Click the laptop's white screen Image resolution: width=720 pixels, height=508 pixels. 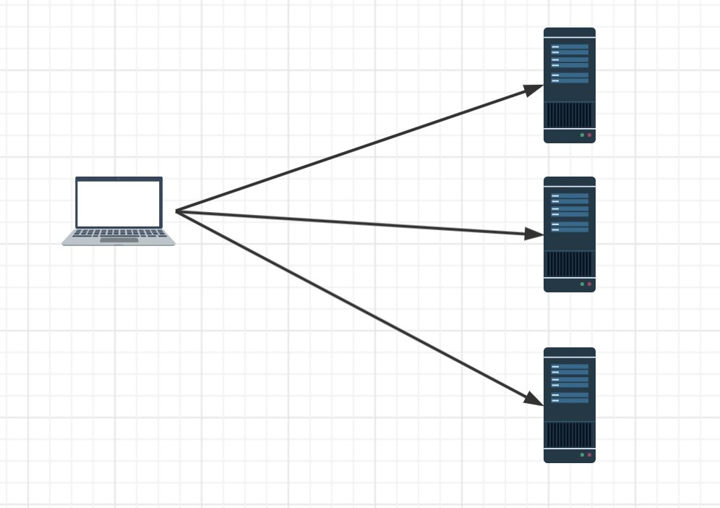pyautogui.click(x=119, y=203)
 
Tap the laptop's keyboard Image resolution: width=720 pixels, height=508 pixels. pyautogui.click(x=119, y=232)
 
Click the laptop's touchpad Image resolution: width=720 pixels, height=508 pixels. pyautogui.click(x=119, y=240)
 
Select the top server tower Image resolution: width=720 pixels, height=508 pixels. pyautogui.click(x=569, y=85)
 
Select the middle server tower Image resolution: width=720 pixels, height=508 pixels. pyautogui.click(x=569, y=234)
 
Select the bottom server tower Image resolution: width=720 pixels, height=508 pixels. pyautogui.click(x=569, y=405)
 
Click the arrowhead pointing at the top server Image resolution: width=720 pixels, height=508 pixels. pyautogui.click(x=534, y=89)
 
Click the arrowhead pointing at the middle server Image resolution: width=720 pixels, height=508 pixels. pyautogui.click(x=535, y=234)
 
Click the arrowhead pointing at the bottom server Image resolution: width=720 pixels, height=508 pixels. pyautogui.click(x=534, y=399)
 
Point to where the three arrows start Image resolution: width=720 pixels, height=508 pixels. pyautogui.click(x=176, y=211)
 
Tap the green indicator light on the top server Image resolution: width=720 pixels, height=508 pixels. pyautogui.click(x=582, y=135)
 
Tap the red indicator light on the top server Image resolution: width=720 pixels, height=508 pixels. pyautogui.click(x=589, y=135)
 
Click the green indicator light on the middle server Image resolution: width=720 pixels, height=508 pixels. pyautogui.click(x=582, y=284)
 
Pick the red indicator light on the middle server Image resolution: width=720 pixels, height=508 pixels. pyautogui.click(x=589, y=284)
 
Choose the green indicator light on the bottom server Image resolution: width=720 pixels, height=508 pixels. pyautogui.click(x=582, y=455)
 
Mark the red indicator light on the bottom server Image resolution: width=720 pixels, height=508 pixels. pyautogui.click(x=589, y=455)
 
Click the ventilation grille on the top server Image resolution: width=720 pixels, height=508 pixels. pyautogui.click(x=569, y=115)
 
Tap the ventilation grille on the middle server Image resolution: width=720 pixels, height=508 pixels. pyautogui.click(x=569, y=264)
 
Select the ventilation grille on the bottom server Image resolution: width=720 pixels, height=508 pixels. pyautogui.click(x=569, y=435)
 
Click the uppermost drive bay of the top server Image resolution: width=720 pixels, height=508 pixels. pyautogui.click(x=570, y=47)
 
